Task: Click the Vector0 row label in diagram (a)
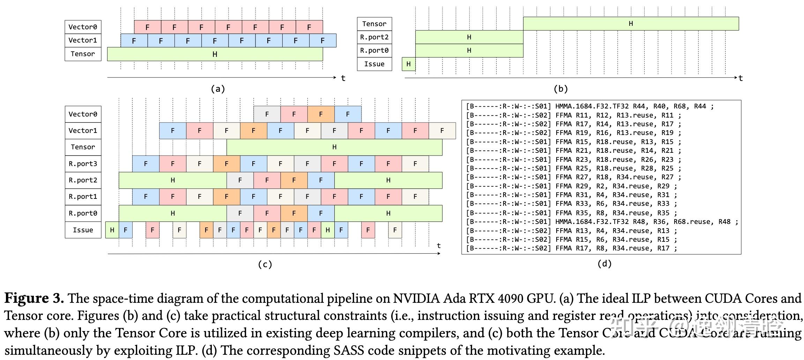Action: tap(83, 27)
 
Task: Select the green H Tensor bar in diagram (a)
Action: tap(215, 54)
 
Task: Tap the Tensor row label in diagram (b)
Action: tap(374, 24)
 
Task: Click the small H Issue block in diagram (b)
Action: tap(408, 64)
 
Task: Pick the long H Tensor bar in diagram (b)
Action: tap(631, 24)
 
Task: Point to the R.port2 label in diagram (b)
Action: tap(374, 37)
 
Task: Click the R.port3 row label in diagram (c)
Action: tap(83, 164)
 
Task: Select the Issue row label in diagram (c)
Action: tap(83, 230)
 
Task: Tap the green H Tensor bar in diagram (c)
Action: tap(334, 147)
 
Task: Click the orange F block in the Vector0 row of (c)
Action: tap(321, 114)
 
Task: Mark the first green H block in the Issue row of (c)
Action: tap(112, 230)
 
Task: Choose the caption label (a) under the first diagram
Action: tap(218, 89)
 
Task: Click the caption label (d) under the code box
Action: tap(604, 264)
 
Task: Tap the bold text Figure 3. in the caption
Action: tap(34, 299)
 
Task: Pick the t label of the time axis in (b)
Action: tap(740, 78)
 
